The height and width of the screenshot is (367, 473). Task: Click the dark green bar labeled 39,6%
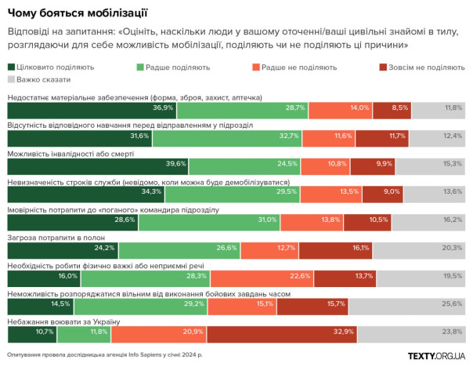(x=97, y=164)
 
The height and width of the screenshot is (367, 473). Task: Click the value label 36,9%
(x=163, y=107)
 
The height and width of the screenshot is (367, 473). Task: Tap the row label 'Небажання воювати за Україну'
(x=63, y=322)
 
